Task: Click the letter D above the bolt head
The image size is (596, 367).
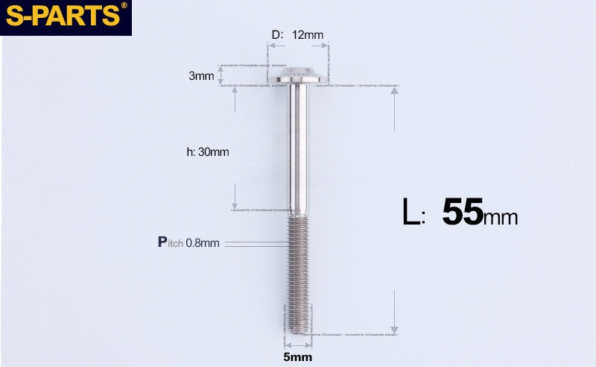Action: (275, 35)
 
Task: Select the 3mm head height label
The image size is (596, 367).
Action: (201, 76)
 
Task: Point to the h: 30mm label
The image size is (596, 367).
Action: (208, 152)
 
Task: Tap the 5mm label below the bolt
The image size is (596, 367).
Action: (297, 357)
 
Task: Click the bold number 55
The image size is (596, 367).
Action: (462, 213)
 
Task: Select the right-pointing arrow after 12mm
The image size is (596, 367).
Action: (325, 46)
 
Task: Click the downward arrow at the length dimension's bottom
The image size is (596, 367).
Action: (395, 329)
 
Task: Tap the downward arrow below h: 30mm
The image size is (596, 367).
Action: (235, 205)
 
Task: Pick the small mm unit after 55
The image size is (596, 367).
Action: (501, 218)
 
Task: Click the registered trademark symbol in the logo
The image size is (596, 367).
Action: (124, 6)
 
